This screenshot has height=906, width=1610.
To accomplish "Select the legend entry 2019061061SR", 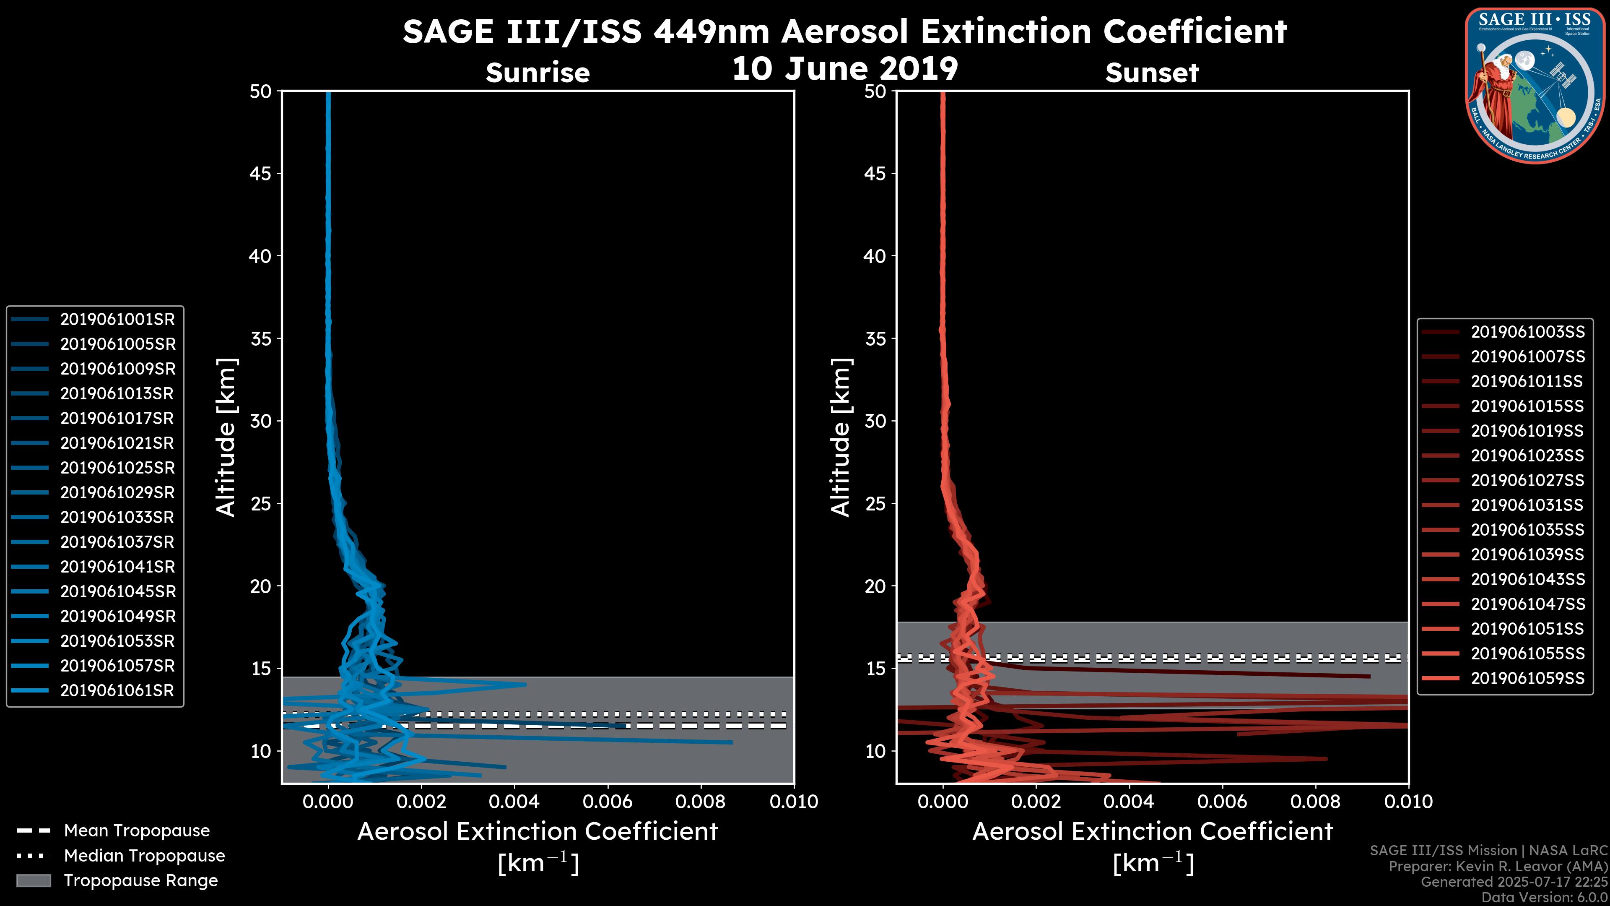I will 117,691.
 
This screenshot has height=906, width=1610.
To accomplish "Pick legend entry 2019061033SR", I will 117,518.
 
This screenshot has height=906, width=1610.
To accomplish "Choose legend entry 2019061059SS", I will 1527,678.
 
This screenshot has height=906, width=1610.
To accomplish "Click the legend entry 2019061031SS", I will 1527,505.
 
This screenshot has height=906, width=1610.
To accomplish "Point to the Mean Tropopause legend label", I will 137,831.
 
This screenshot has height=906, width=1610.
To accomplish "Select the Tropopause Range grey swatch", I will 33,881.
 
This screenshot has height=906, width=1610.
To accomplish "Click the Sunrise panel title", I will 538,73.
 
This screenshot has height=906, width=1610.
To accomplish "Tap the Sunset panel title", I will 1152,73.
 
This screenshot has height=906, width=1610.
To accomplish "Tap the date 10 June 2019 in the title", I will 844,69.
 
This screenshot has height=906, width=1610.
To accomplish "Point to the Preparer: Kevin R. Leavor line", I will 1498,867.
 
